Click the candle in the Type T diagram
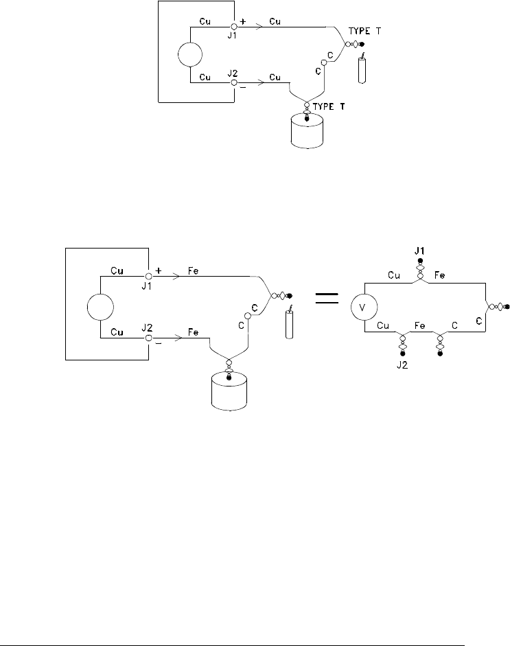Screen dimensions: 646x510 (x=362, y=69)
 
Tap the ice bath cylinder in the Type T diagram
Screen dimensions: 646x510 (x=306, y=133)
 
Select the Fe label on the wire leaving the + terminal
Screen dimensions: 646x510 (x=194, y=273)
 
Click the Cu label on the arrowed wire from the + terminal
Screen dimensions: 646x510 (x=275, y=21)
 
